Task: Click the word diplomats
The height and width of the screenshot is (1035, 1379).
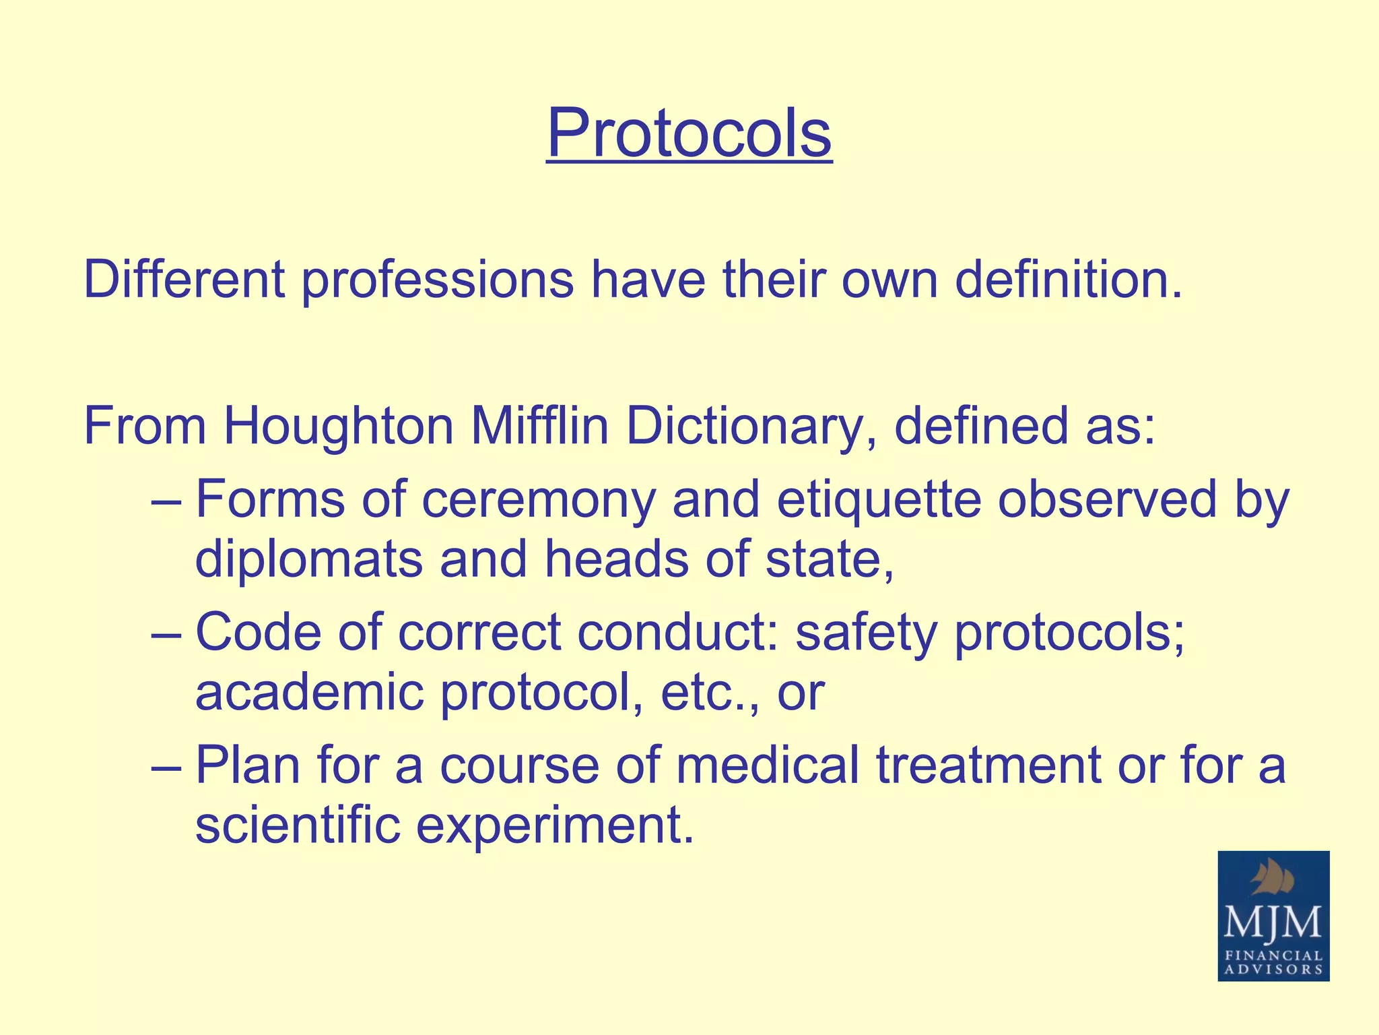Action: click(308, 559)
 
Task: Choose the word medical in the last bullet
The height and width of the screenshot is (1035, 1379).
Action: click(768, 765)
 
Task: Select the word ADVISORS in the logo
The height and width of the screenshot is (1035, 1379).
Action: click(1273, 970)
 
